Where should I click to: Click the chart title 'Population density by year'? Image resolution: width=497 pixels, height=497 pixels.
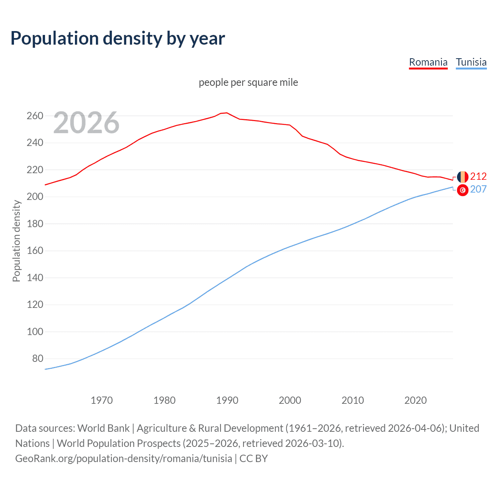(x=118, y=38)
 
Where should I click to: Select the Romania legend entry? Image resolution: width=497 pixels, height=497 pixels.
(x=428, y=62)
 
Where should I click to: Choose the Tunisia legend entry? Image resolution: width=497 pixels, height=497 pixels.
(x=471, y=62)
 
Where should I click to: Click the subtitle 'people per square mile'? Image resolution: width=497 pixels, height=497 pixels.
(x=248, y=82)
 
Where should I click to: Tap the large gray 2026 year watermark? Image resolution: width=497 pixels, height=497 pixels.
(x=86, y=123)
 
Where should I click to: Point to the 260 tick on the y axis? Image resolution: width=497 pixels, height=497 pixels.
(x=35, y=116)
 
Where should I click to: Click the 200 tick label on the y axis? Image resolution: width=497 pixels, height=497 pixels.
(x=35, y=197)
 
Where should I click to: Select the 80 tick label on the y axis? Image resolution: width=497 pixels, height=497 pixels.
(x=37, y=359)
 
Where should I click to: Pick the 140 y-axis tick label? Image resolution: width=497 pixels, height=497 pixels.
(x=35, y=278)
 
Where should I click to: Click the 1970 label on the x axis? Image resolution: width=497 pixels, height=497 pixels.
(x=102, y=400)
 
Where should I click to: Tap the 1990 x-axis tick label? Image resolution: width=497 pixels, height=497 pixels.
(x=227, y=400)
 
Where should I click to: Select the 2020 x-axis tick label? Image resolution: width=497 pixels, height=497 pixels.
(x=415, y=400)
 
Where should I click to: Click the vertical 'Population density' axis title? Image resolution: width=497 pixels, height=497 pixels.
(x=16, y=241)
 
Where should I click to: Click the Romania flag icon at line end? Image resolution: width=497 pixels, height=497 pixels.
(x=462, y=177)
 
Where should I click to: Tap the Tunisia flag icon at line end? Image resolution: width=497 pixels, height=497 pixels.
(x=462, y=190)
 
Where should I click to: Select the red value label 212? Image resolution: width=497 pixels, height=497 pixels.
(x=478, y=177)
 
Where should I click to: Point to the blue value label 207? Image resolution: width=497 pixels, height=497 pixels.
(x=478, y=189)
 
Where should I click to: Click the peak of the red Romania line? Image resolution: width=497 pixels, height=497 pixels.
(x=227, y=113)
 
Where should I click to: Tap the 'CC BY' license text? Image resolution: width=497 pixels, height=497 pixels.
(x=254, y=459)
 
